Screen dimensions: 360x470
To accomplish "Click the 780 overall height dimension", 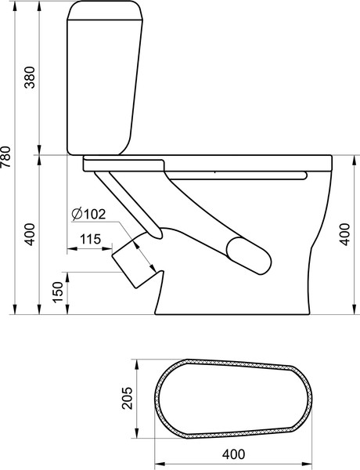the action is pos(5,157).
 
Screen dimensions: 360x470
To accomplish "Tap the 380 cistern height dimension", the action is pos(30,78).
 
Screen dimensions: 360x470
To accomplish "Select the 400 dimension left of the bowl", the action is pos(30,234).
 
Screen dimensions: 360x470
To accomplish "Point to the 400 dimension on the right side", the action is pos(345,234).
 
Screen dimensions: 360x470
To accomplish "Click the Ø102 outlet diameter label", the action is pos(89,215).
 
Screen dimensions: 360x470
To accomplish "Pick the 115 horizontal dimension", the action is pos(90,239).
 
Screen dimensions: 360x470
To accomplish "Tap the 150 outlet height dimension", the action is pos(58,292).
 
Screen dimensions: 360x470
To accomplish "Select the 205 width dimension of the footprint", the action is pos(127,398).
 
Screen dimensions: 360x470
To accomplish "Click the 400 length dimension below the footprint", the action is pos(233,454).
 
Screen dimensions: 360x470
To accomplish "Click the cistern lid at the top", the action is pos(106,10).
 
